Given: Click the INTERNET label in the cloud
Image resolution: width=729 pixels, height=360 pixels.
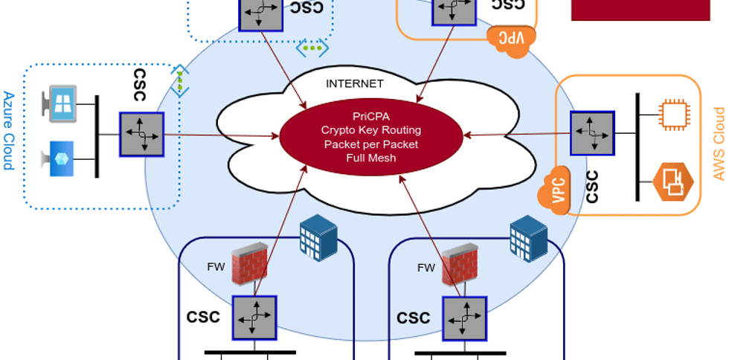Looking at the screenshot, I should coord(355,83).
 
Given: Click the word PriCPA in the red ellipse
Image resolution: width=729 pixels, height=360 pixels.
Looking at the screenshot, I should coord(370,115).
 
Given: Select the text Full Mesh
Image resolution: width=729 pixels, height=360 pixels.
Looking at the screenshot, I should coord(370,158).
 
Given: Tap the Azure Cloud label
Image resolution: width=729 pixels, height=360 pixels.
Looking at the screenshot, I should coord(9,131).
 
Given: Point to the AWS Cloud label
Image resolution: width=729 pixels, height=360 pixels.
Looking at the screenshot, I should coord(719,144).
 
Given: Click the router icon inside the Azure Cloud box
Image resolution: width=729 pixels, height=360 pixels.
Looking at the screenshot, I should coord(141,135).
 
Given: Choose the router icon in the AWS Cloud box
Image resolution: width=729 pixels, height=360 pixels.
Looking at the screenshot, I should coord(593,133).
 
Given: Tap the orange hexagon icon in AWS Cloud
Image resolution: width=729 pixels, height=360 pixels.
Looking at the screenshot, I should coord(672,181).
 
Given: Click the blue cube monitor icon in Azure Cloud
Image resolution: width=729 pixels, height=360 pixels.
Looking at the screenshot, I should coord(62,158).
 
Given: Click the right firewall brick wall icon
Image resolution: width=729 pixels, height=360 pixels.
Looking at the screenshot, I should coord(460,264).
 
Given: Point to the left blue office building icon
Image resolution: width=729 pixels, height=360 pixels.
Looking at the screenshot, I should coord(318,238).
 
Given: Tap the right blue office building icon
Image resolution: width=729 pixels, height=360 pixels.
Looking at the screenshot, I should coord(528,238).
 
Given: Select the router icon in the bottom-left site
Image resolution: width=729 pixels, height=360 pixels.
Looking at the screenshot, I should coord(254,318).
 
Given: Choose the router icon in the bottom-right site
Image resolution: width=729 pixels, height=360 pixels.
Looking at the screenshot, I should coord(465,318).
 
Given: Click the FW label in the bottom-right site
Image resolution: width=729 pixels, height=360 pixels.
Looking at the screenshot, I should coord(426,268).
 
